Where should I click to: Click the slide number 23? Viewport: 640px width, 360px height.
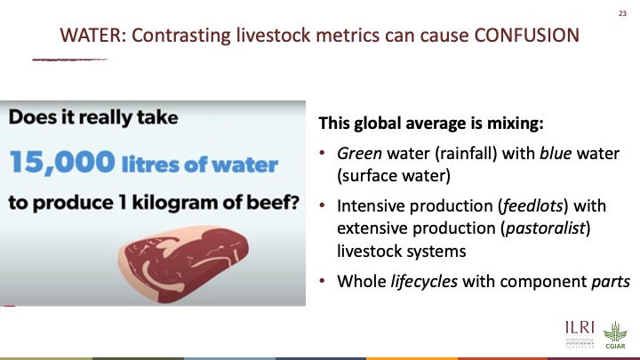click(622, 13)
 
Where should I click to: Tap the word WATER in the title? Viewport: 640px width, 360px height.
click(90, 35)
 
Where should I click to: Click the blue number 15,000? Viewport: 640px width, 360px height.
click(62, 162)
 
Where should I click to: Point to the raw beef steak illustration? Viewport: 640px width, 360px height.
click(183, 264)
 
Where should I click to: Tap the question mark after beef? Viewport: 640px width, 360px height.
click(294, 202)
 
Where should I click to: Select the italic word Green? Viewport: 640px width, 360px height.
click(360, 154)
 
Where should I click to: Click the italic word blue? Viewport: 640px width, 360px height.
click(556, 154)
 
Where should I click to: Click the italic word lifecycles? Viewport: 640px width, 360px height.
click(424, 281)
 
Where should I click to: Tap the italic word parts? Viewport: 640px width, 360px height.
click(611, 282)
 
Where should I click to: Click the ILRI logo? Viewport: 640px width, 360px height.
click(580, 334)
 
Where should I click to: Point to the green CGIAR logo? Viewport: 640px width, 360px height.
click(615, 335)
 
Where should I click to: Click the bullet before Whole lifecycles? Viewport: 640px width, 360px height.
click(323, 281)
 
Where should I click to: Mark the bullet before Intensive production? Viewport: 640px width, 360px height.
click(323, 205)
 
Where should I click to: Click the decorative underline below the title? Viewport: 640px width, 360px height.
click(70, 60)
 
